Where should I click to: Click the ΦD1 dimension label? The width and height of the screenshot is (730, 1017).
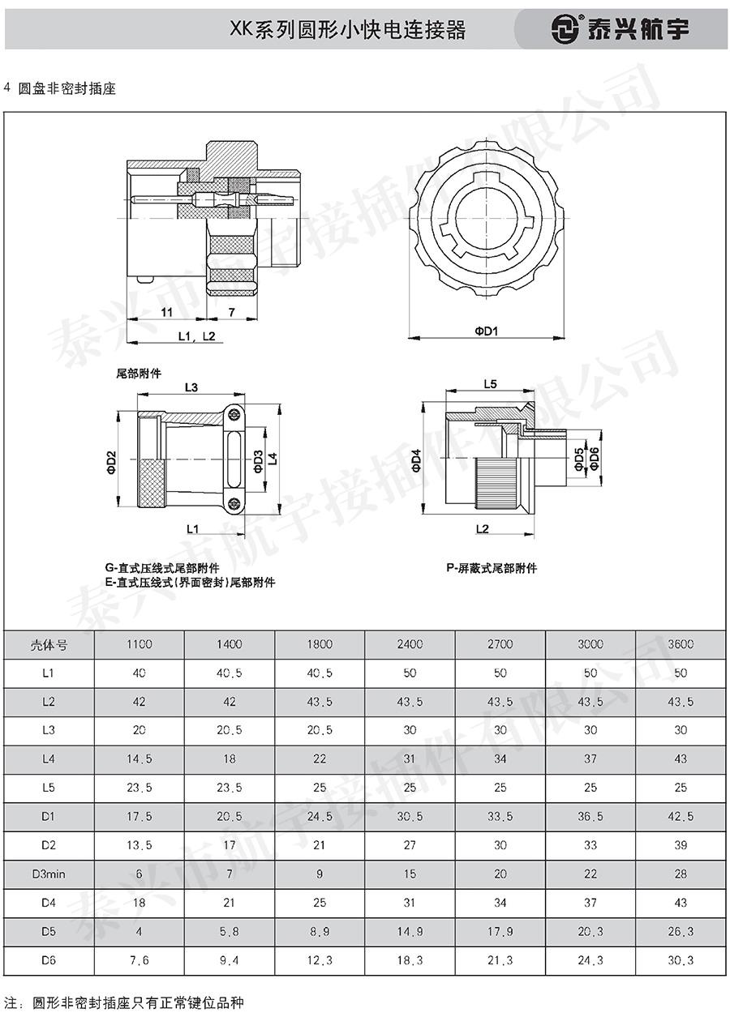pyautogui.click(x=487, y=331)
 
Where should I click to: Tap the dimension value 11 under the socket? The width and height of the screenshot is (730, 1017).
pyautogui.click(x=166, y=312)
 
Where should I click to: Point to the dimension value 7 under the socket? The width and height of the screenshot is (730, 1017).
pyautogui.click(x=231, y=312)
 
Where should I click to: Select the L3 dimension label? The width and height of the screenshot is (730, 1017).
pyautogui.click(x=191, y=387)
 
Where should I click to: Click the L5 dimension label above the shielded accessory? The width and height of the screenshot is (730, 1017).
pyautogui.click(x=490, y=384)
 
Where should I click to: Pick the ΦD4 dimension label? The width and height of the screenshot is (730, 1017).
pyautogui.click(x=417, y=460)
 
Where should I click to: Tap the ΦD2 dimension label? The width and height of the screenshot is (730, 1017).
pyautogui.click(x=112, y=463)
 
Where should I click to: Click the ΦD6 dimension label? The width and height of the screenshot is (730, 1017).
pyautogui.click(x=594, y=459)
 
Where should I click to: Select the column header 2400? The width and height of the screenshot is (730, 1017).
pyautogui.click(x=410, y=644)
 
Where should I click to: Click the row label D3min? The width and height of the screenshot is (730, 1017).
pyautogui.click(x=49, y=874)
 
